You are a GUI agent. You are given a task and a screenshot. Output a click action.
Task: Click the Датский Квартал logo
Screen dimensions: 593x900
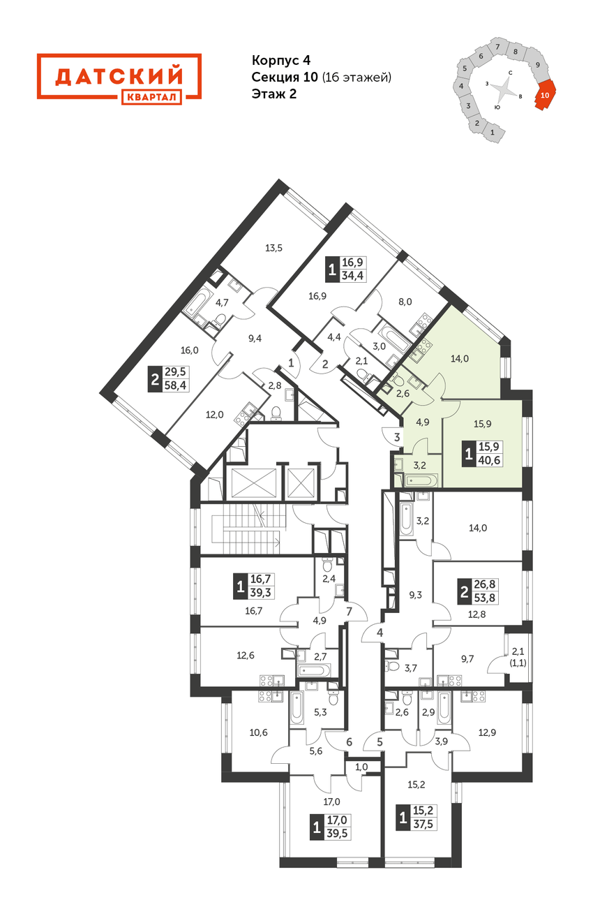point(119,79)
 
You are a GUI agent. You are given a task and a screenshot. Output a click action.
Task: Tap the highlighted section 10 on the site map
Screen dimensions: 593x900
point(546,95)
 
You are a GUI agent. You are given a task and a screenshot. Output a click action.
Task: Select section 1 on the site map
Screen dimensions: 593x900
point(493,132)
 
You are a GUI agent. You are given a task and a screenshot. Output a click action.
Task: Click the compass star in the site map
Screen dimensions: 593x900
point(503,90)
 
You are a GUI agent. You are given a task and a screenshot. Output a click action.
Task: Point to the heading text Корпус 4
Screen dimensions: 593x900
point(281,60)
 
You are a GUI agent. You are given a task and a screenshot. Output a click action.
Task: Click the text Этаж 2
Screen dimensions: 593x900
point(273,94)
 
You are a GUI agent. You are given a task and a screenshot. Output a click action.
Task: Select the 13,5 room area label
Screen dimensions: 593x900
point(273,248)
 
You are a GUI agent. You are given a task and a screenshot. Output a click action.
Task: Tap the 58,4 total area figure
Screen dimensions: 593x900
point(175,385)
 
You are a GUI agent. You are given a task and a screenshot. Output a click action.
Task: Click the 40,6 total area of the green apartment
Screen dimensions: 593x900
point(490,460)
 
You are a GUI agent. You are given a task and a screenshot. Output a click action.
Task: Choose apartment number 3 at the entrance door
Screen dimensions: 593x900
point(397,437)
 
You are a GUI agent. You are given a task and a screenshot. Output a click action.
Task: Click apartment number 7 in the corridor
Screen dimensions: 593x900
point(349,612)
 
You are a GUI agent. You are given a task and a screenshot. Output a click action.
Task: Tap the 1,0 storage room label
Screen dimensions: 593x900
point(361,767)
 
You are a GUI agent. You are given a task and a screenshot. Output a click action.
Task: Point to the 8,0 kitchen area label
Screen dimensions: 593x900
point(405,302)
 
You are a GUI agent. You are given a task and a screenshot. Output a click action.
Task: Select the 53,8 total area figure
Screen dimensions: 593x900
point(484,598)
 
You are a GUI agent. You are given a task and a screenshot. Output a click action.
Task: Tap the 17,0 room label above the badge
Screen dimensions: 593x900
point(331,802)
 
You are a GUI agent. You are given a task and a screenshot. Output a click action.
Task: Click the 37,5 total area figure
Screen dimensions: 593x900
point(425,825)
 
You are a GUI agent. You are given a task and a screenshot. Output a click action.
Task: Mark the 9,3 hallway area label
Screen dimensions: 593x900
point(416,595)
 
